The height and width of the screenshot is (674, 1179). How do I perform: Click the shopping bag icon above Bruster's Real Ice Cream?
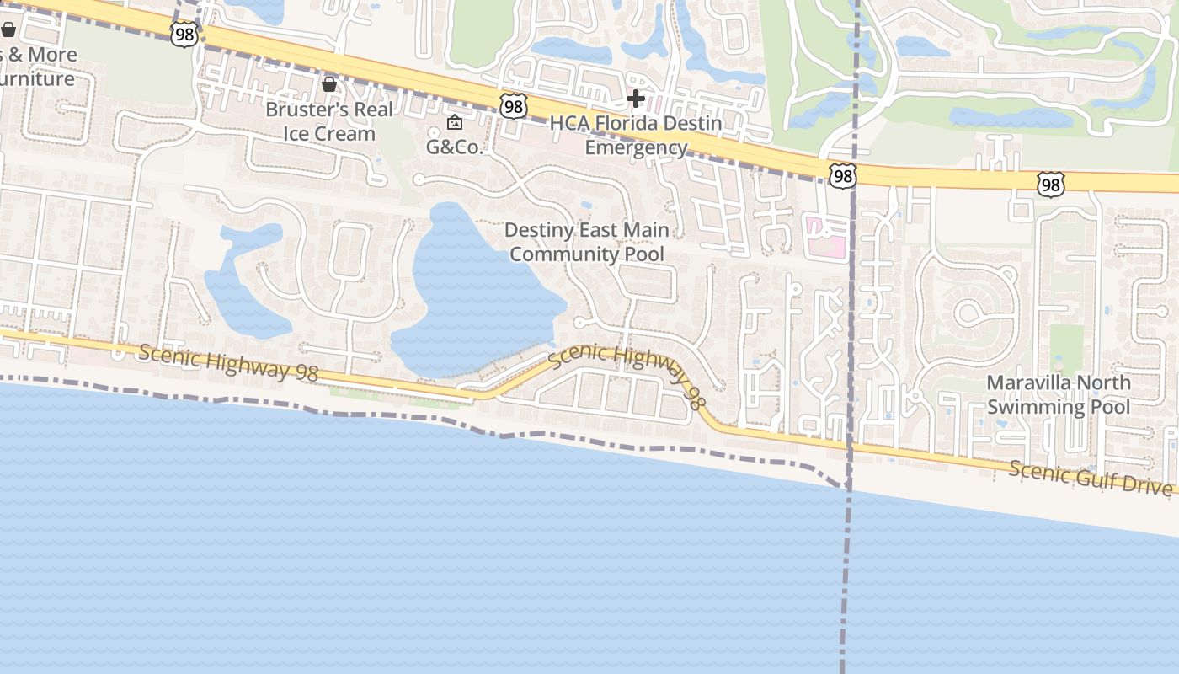[x=329, y=84]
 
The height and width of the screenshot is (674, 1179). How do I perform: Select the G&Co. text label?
[x=455, y=147]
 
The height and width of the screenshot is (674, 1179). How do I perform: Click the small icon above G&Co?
[x=455, y=123]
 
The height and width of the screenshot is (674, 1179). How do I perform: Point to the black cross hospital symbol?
[x=636, y=99]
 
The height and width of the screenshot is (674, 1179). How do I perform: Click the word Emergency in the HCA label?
[x=636, y=148]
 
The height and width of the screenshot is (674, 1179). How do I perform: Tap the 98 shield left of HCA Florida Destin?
[x=513, y=105]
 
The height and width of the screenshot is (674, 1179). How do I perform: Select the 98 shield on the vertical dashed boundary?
[x=842, y=175]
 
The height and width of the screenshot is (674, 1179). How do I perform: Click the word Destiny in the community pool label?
[x=540, y=230]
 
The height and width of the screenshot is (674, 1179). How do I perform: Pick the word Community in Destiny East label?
[x=587, y=254]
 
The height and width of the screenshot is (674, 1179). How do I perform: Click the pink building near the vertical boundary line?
[x=825, y=235]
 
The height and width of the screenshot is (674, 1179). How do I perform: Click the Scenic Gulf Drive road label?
[x=1090, y=479]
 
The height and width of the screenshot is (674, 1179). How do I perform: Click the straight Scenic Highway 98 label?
[x=227, y=363]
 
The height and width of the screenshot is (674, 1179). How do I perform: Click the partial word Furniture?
[x=37, y=79]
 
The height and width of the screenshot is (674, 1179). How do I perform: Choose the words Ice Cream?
[x=329, y=134]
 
